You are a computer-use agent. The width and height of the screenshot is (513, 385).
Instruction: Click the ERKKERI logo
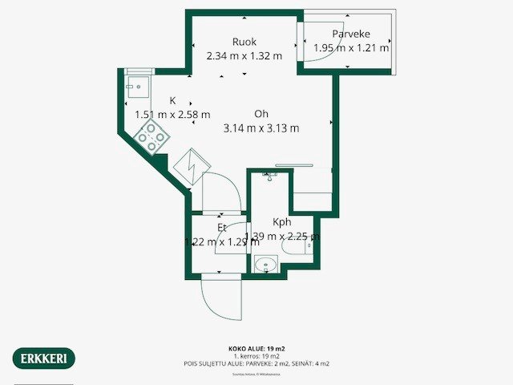point(44,358)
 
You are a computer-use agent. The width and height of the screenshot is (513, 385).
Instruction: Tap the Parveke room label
point(350,34)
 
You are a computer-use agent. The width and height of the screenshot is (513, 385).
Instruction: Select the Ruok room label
point(244,42)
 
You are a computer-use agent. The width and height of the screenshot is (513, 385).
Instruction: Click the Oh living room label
point(261,113)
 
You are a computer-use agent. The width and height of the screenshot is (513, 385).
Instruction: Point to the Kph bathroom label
point(281,222)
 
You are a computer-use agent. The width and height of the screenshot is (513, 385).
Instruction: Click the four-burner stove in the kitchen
point(151,137)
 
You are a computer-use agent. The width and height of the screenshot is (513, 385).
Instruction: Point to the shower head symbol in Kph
point(269,176)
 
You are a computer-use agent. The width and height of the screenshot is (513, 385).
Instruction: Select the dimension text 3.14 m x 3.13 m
point(261,128)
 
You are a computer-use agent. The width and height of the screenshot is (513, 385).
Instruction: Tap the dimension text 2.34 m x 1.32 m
point(244,56)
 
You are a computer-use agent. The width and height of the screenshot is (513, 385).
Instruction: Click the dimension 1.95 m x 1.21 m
point(350,48)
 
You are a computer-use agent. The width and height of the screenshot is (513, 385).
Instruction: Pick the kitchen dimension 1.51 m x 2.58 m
point(172,114)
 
